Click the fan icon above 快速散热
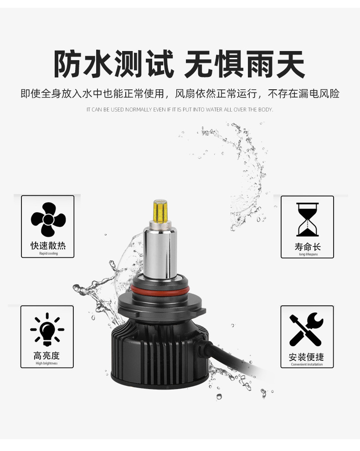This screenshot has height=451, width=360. tap(48, 220)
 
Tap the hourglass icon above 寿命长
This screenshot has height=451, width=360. tap(307, 220)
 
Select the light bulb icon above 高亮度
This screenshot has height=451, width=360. tap(47, 330)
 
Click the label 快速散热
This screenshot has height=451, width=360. tap(48, 246)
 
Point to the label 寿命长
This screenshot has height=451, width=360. tap(307, 246)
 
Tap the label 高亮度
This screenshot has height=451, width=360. tap(46, 356)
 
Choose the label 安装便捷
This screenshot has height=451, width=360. tap(307, 357)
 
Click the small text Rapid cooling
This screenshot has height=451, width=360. tap(48, 253)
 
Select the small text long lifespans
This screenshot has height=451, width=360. tap(308, 254)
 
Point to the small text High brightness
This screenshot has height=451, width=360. tap(46, 363)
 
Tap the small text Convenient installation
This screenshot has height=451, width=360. tap(307, 364)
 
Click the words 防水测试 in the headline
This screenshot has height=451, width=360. tap(114, 64)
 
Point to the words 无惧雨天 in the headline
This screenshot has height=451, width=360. tap(245, 64)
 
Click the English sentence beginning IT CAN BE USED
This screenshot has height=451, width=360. tap(180, 110)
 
